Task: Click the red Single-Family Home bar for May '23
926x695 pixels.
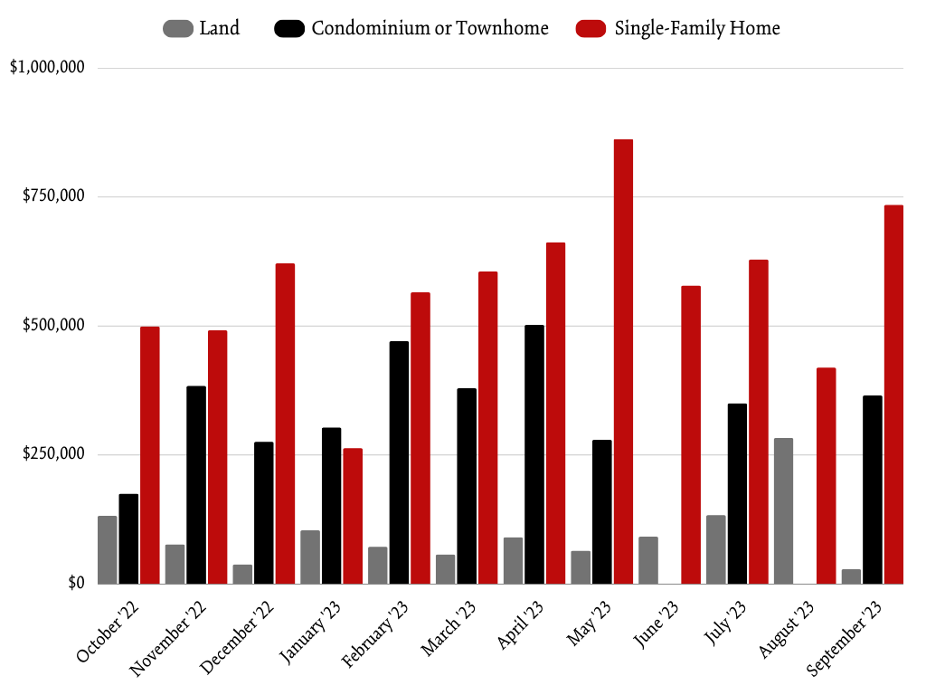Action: click(623, 362)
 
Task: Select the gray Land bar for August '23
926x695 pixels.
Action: click(783, 511)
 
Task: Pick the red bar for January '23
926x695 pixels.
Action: click(353, 516)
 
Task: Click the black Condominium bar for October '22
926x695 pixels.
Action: click(128, 538)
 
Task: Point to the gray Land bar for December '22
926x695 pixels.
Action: click(242, 574)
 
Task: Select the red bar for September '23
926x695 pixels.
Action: click(893, 395)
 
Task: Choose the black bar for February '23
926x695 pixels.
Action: click(399, 462)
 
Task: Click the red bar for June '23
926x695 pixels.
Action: click(691, 434)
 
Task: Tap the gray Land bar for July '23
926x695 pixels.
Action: click(715, 549)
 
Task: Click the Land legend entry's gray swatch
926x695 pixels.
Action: click(177, 29)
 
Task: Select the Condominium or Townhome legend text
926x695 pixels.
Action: click(430, 29)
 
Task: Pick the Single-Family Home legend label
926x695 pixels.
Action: click(696, 29)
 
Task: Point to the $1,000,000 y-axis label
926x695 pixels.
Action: click(47, 68)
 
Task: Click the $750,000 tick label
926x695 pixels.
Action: click(52, 197)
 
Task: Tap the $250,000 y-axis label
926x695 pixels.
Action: click(52, 454)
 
